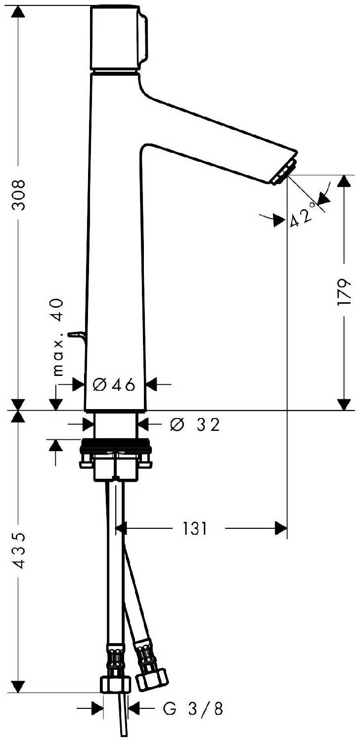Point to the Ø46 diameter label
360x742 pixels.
click(114, 385)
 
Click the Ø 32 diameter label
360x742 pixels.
click(195, 424)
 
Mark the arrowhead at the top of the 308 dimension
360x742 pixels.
click(18, 12)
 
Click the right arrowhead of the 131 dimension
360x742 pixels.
click(280, 528)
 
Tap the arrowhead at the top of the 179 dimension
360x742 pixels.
click(344, 182)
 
